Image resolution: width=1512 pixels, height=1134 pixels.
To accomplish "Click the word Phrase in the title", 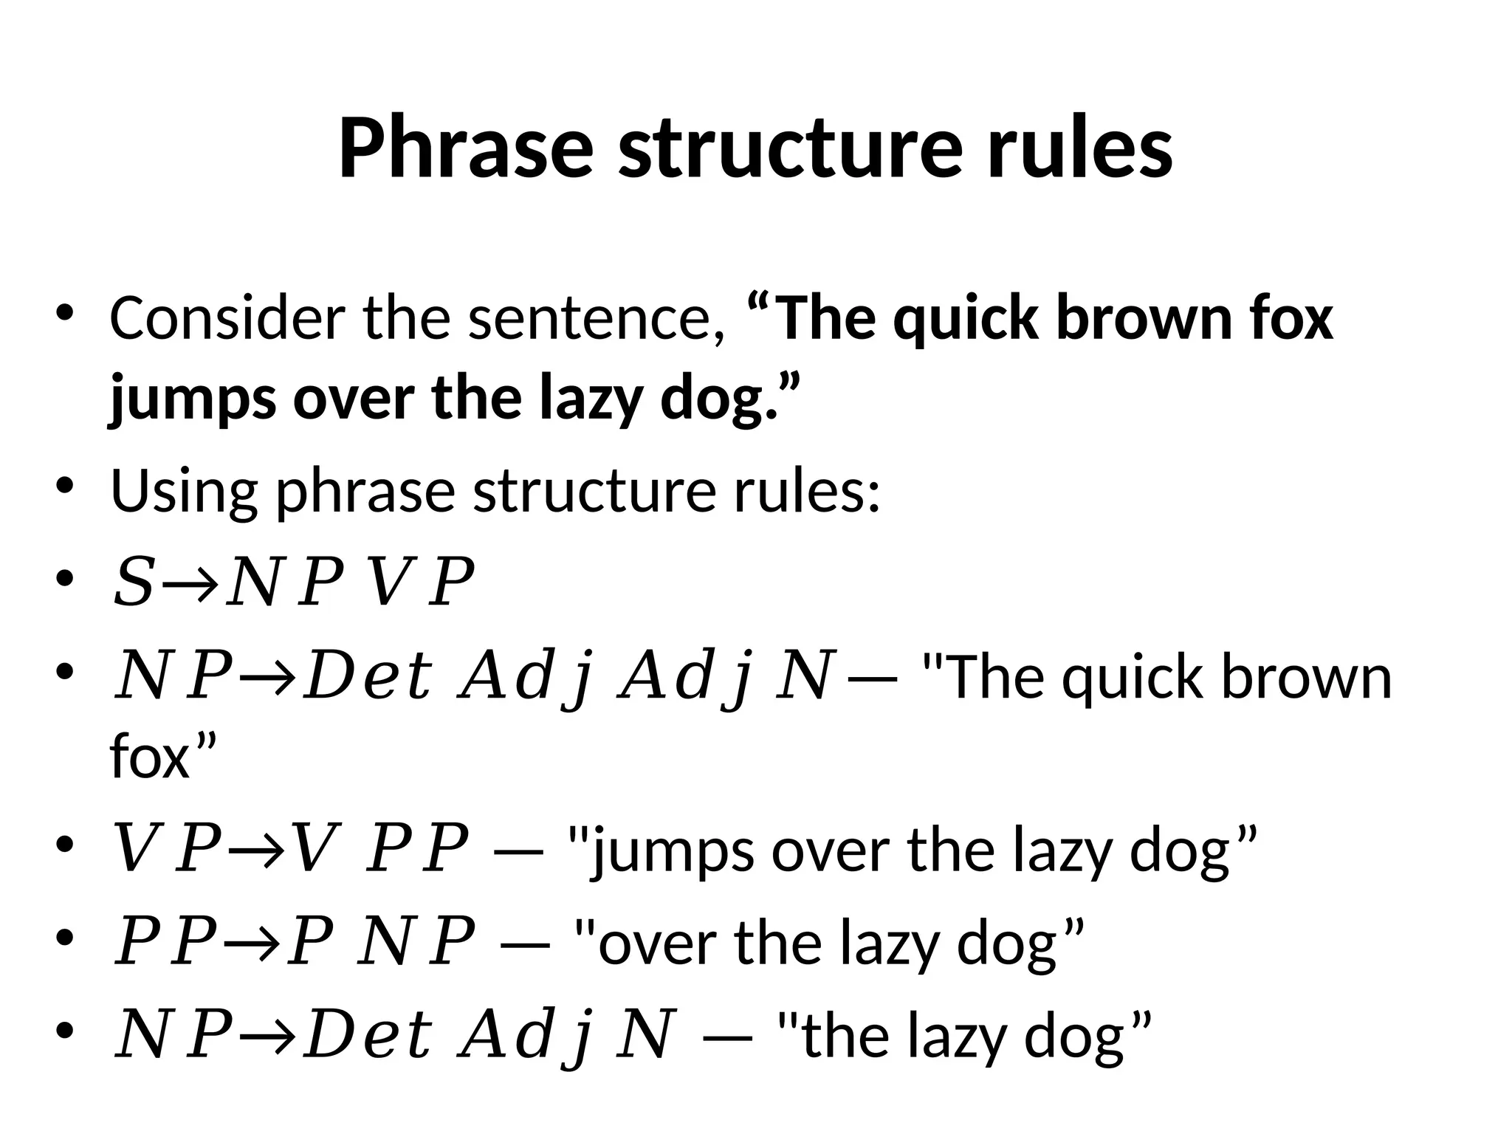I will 466,148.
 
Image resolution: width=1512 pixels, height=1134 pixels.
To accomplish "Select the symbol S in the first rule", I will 133,583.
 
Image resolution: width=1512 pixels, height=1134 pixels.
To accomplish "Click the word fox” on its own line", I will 162,756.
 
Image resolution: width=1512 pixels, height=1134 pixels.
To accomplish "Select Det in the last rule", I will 368,1034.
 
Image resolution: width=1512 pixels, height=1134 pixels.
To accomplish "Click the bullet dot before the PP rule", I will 65,939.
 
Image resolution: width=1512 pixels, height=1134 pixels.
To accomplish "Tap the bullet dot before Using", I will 65,487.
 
